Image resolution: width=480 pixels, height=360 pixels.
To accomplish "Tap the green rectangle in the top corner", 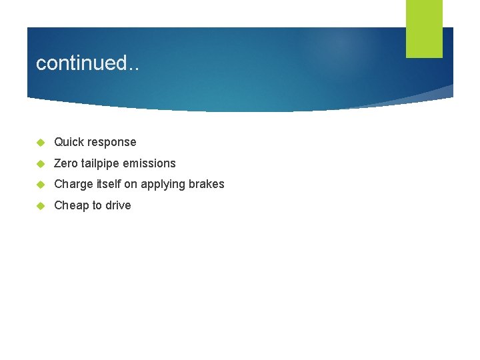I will tap(424, 29).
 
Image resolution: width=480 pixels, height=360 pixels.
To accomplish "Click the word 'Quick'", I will tap(69, 142).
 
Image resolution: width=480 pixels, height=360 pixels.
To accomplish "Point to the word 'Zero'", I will tap(65, 163).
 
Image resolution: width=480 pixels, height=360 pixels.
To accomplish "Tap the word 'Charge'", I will tap(73, 185).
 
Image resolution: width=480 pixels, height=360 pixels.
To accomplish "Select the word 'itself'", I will tap(109, 184).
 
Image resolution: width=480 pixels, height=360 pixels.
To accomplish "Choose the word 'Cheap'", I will tap(71, 206).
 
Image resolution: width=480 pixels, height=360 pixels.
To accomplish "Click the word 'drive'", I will tap(117, 205).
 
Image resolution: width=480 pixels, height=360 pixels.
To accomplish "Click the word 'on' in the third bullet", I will tap(132, 185).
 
